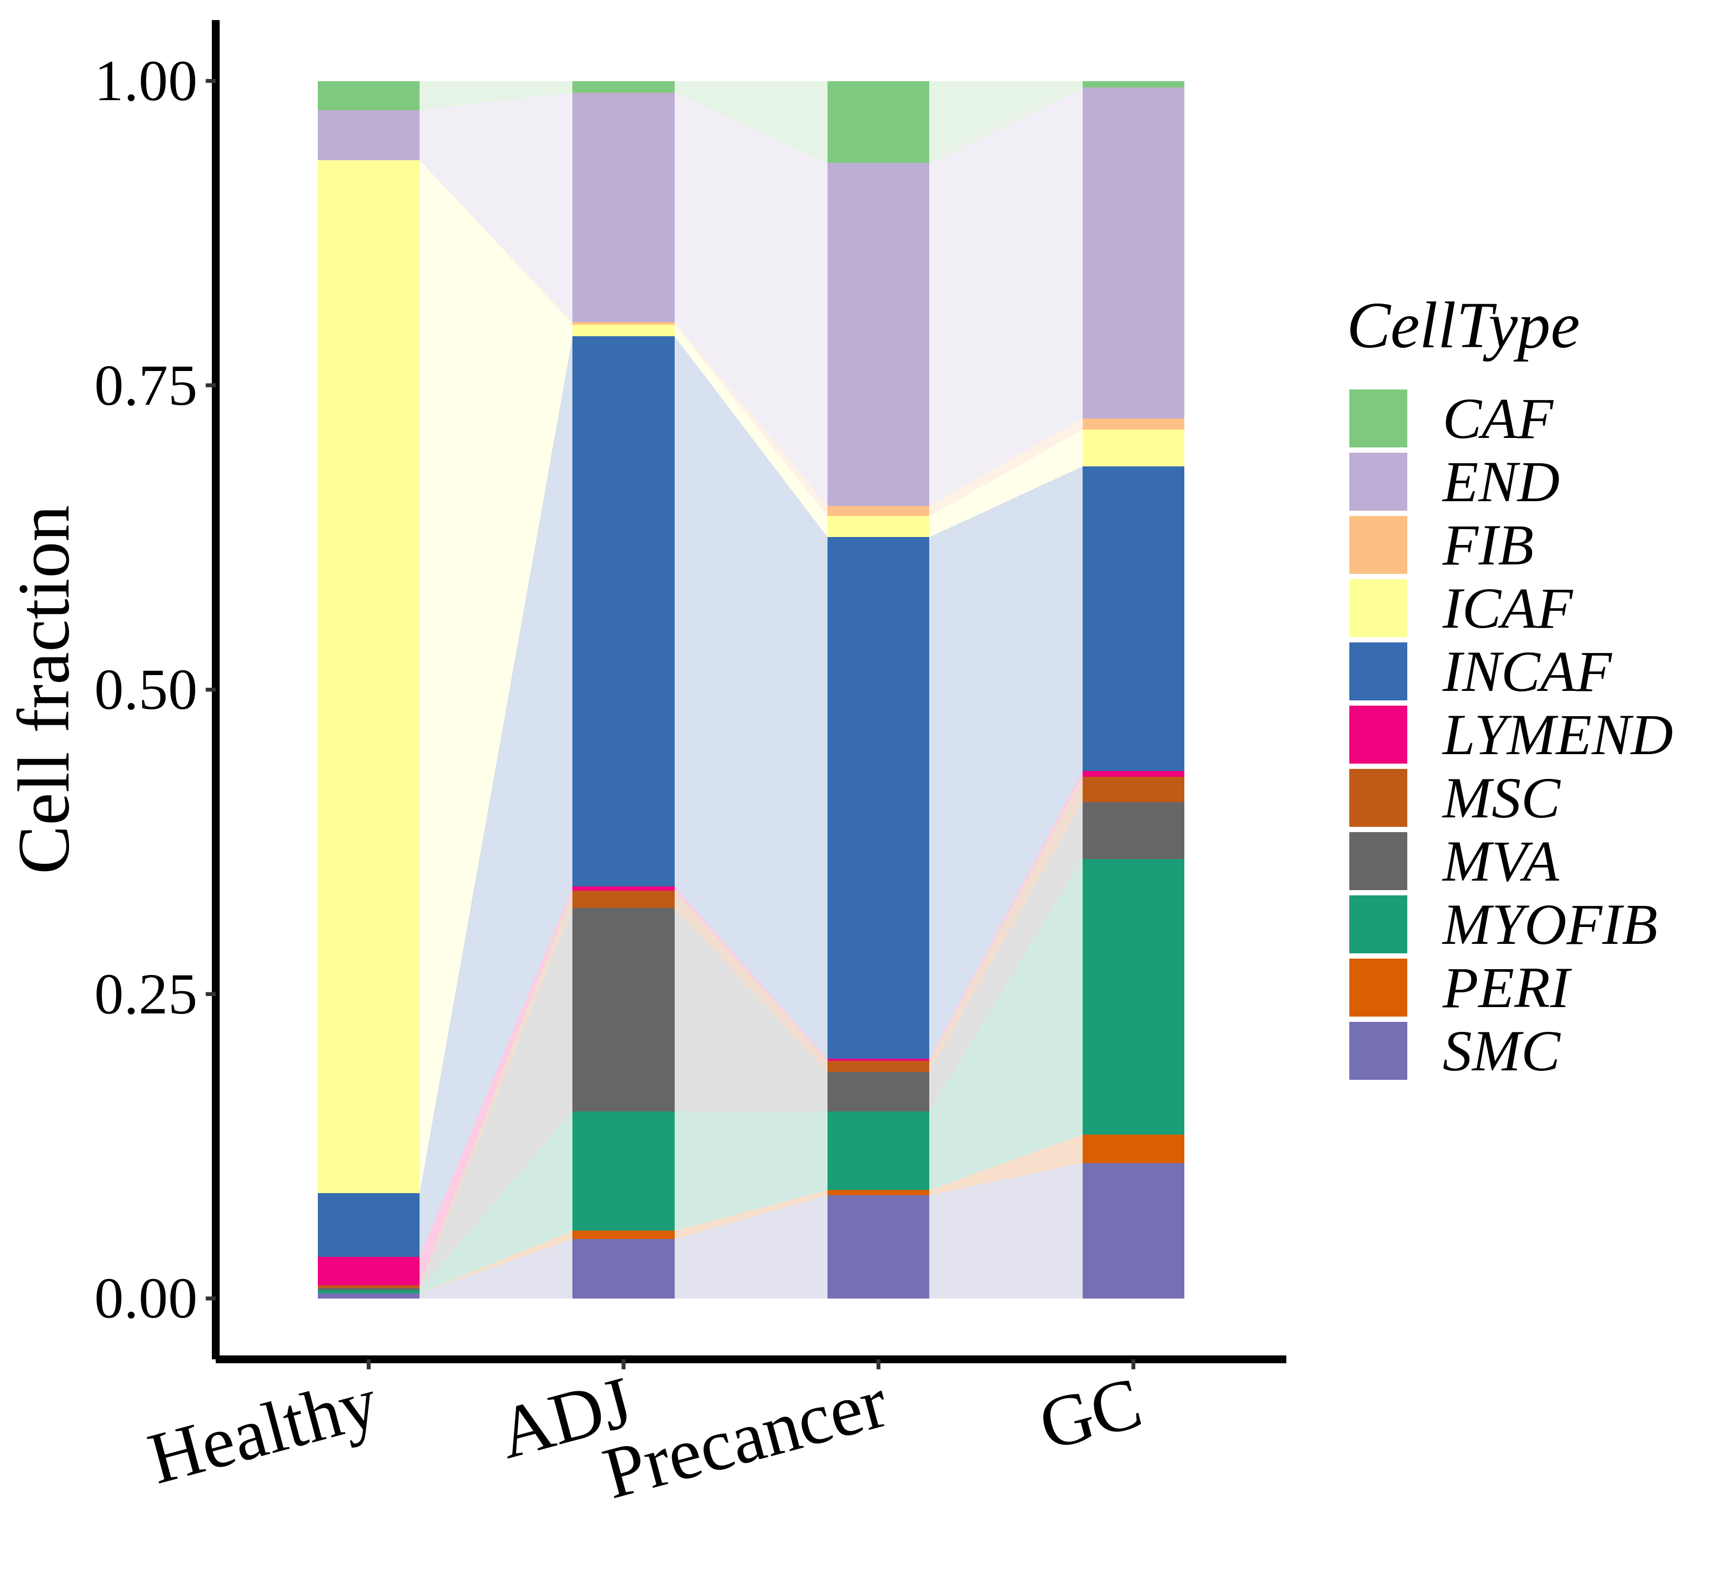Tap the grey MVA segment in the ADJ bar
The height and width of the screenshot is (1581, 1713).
click(x=623, y=1010)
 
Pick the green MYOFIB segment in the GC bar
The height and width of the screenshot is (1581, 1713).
click(x=1133, y=996)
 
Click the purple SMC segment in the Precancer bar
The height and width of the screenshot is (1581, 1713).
click(x=878, y=1246)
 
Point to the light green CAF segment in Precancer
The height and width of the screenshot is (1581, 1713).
click(x=878, y=122)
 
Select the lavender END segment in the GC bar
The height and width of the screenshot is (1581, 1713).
click(x=1133, y=252)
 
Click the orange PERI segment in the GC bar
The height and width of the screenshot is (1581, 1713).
click(x=1133, y=1148)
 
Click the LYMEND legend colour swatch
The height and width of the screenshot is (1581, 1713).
click(x=1378, y=734)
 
